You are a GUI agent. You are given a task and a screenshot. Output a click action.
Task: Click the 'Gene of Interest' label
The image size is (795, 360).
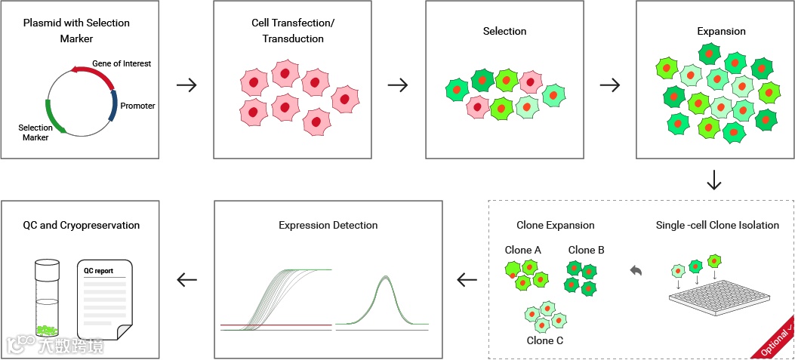point(122,63)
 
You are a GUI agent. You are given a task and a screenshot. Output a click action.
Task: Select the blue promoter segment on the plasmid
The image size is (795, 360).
point(113,105)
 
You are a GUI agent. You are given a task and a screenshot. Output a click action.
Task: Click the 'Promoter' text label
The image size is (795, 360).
point(137,106)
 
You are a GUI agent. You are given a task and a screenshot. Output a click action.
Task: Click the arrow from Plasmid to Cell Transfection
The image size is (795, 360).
point(186,85)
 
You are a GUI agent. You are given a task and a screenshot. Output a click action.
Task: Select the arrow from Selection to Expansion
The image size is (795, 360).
point(609,85)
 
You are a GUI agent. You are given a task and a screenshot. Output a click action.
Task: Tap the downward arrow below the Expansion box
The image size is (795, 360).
point(713,180)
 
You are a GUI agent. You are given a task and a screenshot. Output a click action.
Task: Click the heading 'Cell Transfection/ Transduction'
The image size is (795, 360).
point(293,31)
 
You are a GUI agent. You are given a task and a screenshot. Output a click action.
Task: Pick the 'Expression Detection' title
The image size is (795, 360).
point(328,225)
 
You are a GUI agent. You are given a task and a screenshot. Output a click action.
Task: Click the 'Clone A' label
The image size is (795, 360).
point(522,250)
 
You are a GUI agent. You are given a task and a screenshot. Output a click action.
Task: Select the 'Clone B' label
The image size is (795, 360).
point(586,250)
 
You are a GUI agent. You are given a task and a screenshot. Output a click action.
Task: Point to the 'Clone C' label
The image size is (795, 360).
point(545,340)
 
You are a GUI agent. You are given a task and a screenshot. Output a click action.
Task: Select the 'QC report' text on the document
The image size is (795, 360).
point(98,269)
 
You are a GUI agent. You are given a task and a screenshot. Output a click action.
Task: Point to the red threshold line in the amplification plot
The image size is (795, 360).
point(276,325)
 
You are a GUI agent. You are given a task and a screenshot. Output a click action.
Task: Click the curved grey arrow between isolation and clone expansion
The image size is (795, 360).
point(636,269)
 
